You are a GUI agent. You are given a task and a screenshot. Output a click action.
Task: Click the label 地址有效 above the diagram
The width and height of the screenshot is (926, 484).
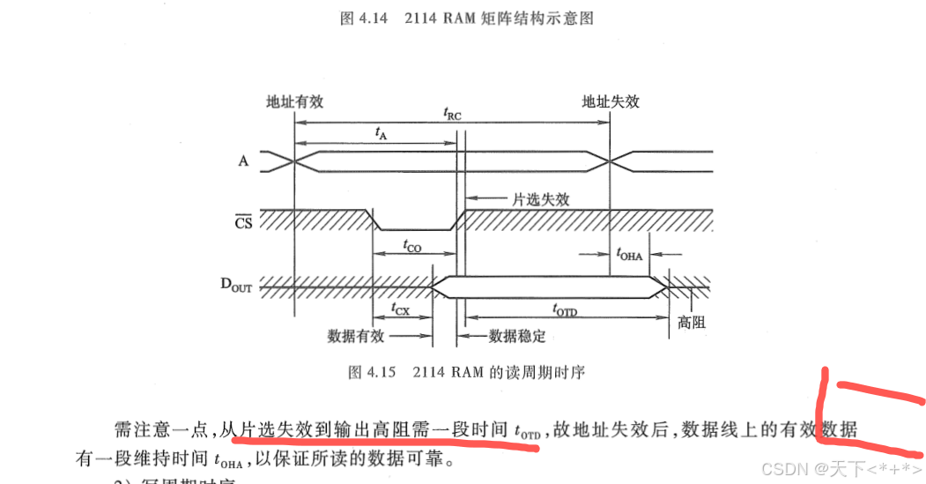(x=295, y=101)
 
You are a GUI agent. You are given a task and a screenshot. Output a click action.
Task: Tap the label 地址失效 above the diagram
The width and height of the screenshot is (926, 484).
(x=611, y=101)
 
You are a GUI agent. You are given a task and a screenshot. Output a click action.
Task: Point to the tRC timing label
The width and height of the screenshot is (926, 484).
(x=451, y=114)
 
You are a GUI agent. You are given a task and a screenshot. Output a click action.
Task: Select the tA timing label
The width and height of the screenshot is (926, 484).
(x=381, y=133)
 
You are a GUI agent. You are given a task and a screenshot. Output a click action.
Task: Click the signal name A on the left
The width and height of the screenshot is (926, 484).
(x=243, y=161)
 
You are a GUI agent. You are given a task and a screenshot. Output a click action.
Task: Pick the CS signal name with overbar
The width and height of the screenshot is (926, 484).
(x=243, y=222)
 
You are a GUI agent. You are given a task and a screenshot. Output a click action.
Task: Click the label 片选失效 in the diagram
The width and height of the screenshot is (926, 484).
(x=541, y=199)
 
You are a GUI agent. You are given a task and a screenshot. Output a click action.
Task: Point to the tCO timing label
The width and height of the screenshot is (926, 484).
(x=411, y=248)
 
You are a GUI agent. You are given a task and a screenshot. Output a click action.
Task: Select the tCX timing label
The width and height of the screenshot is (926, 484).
(x=401, y=309)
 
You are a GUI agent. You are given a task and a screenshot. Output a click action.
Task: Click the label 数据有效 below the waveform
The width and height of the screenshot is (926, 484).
(x=356, y=336)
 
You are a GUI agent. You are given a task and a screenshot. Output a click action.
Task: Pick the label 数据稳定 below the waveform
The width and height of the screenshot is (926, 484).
(x=517, y=336)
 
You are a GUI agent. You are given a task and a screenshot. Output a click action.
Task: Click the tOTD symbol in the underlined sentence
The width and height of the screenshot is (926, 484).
(x=528, y=432)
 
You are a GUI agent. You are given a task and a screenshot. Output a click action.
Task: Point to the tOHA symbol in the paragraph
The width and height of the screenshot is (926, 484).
(x=227, y=459)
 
